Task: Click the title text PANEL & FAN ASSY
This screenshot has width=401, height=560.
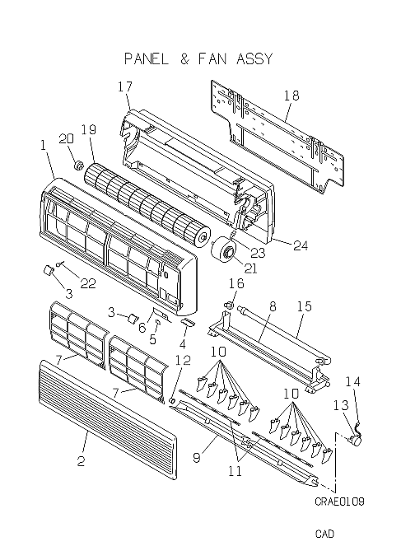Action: pyautogui.click(x=198, y=58)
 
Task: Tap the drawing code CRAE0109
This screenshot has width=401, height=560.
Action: pyautogui.click(x=339, y=502)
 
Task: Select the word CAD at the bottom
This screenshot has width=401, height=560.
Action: pyautogui.click(x=324, y=534)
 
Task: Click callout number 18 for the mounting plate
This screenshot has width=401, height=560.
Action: pyautogui.click(x=291, y=96)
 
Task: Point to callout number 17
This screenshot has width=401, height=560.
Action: pyautogui.click(x=125, y=86)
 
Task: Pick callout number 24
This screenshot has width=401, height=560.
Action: pyautogui.click(x=301, y=245)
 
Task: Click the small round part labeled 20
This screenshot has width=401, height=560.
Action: pyautogui.click(x=78, y=165)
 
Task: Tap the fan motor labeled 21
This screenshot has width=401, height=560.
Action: pyautogui.click(x=223, y=252)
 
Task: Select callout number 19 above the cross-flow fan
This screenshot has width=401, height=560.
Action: pyautogui.click(x=89, y=129)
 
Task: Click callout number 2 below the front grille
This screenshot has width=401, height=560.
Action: pyautogui.click(x=81, y=461)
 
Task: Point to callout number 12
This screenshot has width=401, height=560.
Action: pyautogui.click(x=183, y=361)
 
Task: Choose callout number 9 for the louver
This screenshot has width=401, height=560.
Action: pyautogui.click(x=197, y=458)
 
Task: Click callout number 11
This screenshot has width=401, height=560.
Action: pyautogui.click(x=235, y=471)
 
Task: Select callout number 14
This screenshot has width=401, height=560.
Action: pyautogui.click(x=352, y=382)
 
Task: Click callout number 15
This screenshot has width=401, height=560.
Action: pyautogui.click(x=304, y=306)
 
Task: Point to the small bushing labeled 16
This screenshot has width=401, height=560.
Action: pyautogui.click(x=229, y=305)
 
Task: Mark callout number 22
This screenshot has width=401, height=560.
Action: pyautogui.click(x=88, y=283)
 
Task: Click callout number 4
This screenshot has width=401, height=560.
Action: pyautogui.click(x=183, y=344)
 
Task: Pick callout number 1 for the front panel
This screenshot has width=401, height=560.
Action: pyautogui.click(x=44, y=146)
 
